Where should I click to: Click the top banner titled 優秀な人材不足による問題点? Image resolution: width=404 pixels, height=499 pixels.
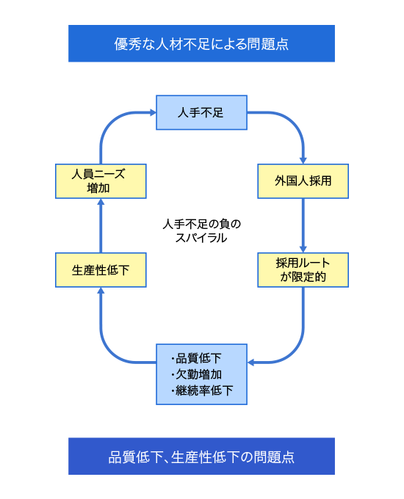click(201, 43)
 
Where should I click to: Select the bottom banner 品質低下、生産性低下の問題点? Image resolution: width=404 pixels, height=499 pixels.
click(201, 456)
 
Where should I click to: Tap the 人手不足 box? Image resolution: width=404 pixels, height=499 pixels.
click(201, 112)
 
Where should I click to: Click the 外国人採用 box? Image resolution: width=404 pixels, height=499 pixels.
click(303, 181)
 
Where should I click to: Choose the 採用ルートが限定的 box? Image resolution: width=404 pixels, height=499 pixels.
click(303, 270)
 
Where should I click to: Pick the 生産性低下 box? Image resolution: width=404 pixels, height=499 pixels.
click(101, 270)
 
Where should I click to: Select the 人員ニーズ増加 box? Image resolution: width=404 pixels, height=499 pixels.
click(101, 181)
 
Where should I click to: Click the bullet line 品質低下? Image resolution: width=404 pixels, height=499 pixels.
click(196, 358)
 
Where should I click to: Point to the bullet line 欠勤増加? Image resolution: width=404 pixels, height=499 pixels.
click(196, 374)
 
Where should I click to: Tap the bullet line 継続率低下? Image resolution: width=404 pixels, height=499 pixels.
click(202, 390)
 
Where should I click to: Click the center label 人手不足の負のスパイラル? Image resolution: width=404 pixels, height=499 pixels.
click(201, 230)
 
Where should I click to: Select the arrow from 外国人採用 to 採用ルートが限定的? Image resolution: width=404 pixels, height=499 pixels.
click(303, 225)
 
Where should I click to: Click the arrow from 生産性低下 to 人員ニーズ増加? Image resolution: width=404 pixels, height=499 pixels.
click(101, 225)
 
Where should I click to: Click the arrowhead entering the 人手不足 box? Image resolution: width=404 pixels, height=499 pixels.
click(153, 112)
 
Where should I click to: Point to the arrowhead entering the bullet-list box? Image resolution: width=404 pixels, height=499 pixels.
click(250, 363)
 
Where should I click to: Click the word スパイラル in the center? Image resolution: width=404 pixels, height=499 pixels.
click(201, 238)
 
